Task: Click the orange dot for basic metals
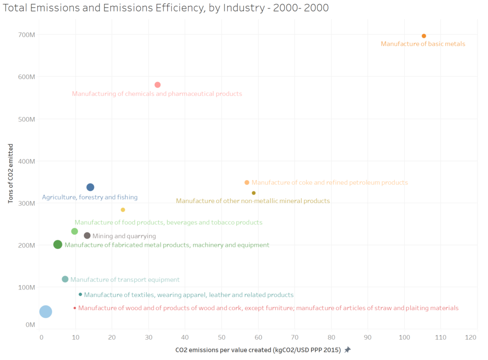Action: (424, 36)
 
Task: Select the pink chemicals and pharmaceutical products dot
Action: (158, 85)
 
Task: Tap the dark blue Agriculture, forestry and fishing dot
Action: (90, 187)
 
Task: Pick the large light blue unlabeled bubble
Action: (45, 311)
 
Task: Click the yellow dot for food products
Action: (123, 210)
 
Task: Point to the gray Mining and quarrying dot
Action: (87, 236)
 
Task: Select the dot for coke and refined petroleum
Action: (247, 182)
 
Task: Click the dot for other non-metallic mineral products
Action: (254, 193)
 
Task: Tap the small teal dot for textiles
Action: (81, 294)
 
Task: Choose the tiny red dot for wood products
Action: (75, 308)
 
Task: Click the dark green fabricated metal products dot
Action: (58, 244)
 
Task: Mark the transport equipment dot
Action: (65, 279)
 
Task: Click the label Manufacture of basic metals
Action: (423, 44)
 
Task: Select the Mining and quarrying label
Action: (124, 236)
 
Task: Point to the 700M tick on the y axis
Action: (27, 34)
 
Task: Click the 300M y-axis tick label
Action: (27, 203)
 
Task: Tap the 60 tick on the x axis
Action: (258, 338)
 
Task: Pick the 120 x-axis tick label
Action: (471, 338)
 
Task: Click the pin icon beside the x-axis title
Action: (347, 350)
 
